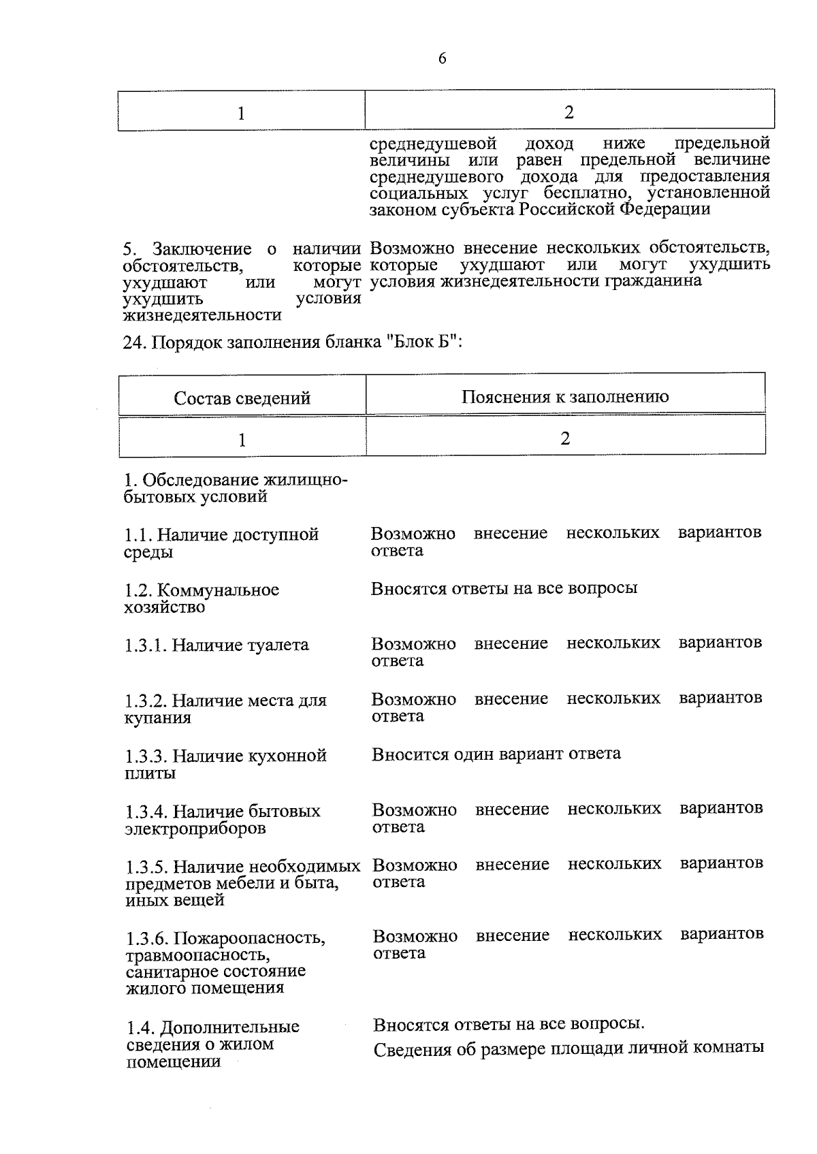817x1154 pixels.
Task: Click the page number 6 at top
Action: pos(442,59)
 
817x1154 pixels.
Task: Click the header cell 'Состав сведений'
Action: pos(242,398)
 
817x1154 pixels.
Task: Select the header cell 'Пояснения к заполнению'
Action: pos(564,396)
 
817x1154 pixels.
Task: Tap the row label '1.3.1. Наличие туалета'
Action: pos(217,645)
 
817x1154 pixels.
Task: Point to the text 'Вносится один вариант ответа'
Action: pos(496,754)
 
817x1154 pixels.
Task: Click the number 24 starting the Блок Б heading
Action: pos(131,342)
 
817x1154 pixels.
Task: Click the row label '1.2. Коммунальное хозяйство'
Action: pos(202,598)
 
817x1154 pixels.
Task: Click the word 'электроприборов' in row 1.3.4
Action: pos(195,829)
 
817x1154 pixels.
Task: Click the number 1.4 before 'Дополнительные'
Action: pos(140,1027)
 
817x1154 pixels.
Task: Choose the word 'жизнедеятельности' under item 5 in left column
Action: pos(202,315)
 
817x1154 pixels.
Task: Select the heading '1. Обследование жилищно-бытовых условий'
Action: pos(235,488)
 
